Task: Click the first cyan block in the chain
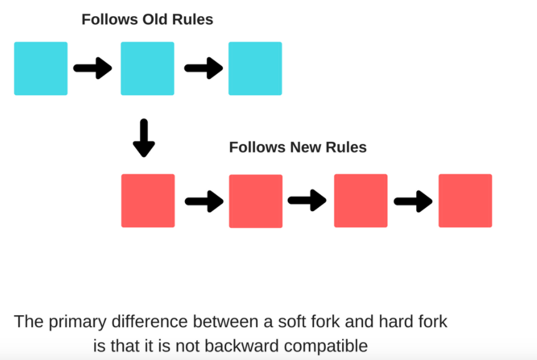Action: [x=40, y=69]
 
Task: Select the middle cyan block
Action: [x=148, y=69]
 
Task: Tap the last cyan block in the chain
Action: [x=255, y=69]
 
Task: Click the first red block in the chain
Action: [x=148, y=201]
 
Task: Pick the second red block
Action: [x=256, y=201]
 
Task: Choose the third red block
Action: [x=361, y=201]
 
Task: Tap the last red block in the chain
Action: [x=465, y=201]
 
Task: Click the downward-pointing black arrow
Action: [x=144, y=138]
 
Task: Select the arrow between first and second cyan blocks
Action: [x=93, y=68]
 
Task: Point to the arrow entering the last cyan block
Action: [x=204, y=68]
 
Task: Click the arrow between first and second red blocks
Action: [x=204, y=201]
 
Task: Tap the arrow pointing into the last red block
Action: [x=414, y=201]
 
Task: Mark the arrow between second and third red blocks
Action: [x=307, y=201]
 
